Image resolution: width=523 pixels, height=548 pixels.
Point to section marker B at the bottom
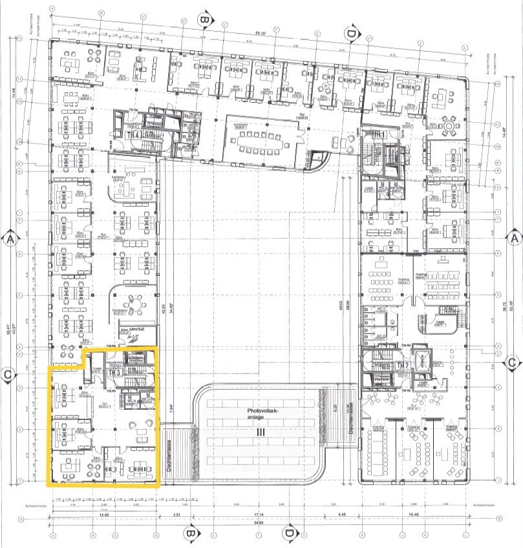pyautogui.click(x=191, y=534)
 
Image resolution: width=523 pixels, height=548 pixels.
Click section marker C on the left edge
pyautogui.click(x=8, y=374)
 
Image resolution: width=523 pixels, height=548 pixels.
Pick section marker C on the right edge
pyautogui.click(x=511, y=363)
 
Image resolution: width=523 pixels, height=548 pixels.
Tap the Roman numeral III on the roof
pyautogui.click(x=261, y=432)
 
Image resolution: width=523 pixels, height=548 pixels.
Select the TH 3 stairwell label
pyautogui.click(x=114, y=373)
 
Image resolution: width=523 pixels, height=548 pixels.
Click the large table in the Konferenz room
pyautogui.click(x=262, y=140)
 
